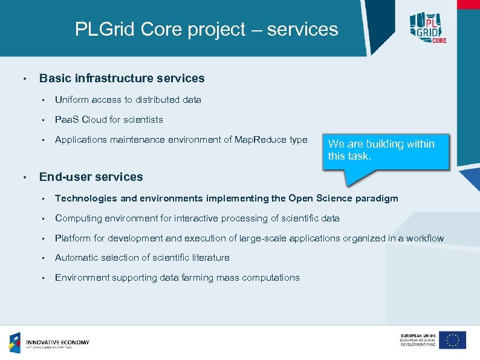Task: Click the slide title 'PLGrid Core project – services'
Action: pos(206,29)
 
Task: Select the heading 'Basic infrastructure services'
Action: pos(122,79)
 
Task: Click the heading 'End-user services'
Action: pos(91,177)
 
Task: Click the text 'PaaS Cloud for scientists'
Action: pos(109,120)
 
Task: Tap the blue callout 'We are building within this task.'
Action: pos(387,150)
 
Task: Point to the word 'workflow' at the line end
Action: pos(425,238)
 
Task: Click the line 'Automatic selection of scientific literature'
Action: pos(142,258)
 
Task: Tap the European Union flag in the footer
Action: pos(452,340)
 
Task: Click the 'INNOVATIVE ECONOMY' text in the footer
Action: pos(57,342)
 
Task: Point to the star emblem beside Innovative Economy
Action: pos(15,342)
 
